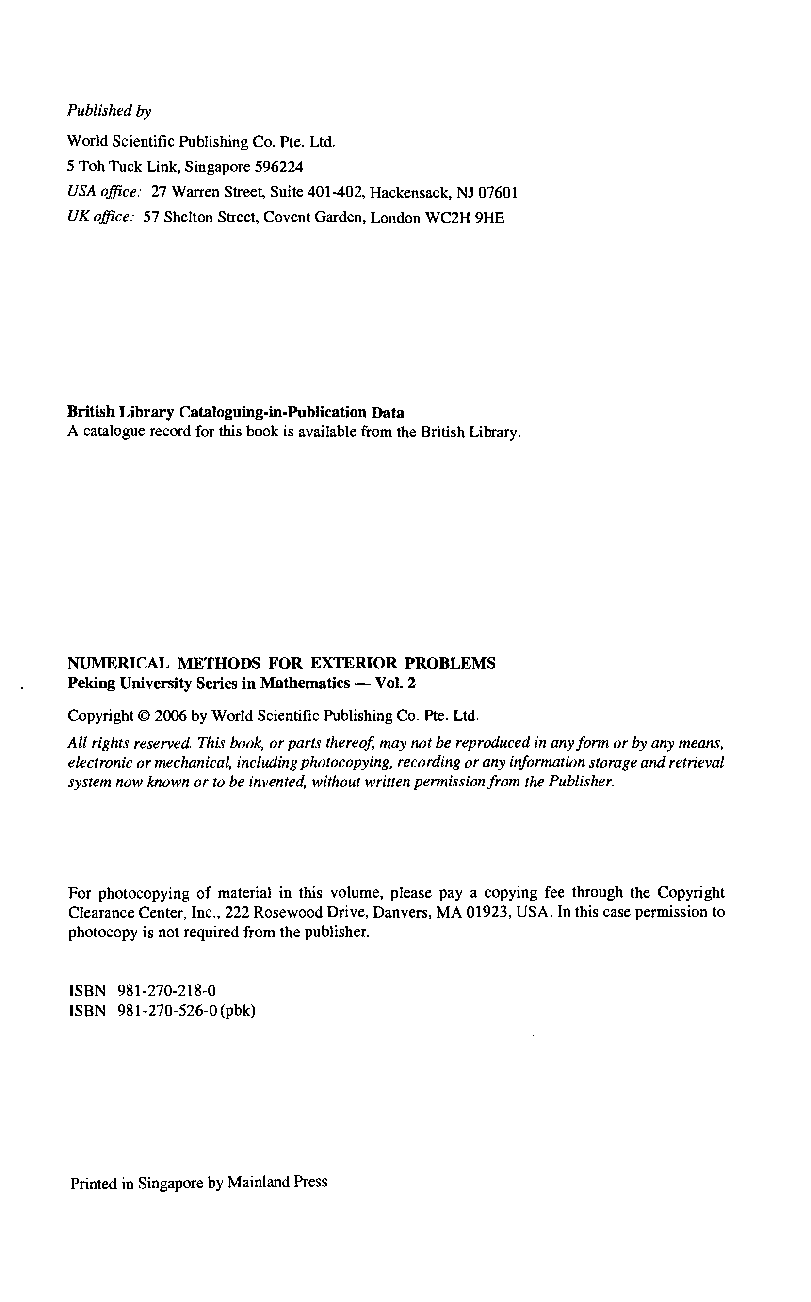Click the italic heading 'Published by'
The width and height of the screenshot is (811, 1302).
(x=109, y=111)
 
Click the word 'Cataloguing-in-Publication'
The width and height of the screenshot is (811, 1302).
(x=273, y=412)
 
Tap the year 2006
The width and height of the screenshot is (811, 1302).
(x=171, y=716)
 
